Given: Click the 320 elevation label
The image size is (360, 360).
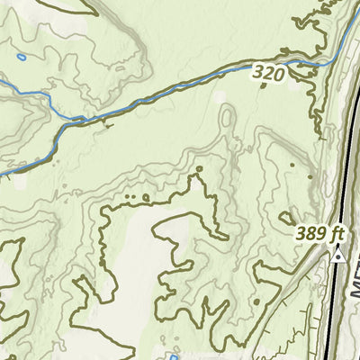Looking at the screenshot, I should (268, 73).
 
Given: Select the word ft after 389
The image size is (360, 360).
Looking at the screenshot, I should (337, 234).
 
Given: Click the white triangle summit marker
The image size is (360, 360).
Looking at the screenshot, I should (338, 256).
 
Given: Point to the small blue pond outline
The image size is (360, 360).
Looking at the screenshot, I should (21, 58).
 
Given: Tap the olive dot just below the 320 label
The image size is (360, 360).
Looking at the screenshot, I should (263, 87).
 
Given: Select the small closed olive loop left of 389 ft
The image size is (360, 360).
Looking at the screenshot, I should (287, 217).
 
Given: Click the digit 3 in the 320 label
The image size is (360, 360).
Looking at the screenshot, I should (257, 73).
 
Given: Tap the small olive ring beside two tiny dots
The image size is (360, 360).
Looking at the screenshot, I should (146, 195).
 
